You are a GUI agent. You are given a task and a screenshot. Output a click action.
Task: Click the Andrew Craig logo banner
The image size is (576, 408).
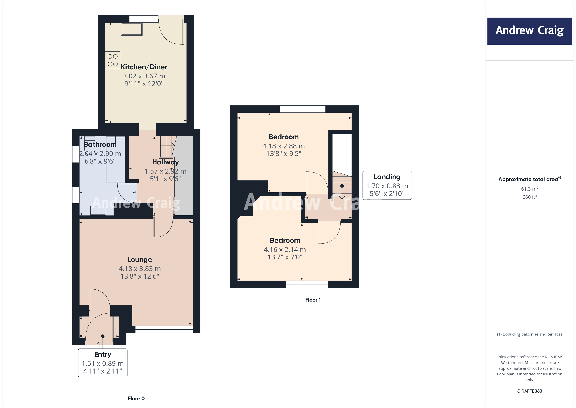click(529, 31)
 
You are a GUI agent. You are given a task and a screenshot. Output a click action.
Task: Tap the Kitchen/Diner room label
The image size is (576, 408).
click(144, 67)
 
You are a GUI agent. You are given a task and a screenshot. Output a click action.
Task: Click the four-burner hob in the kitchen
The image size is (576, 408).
click(113, 60)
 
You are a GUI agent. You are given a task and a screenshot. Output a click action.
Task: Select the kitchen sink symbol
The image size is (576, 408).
click(132, 29)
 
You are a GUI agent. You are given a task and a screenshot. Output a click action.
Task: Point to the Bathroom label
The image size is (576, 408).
click(100, 144)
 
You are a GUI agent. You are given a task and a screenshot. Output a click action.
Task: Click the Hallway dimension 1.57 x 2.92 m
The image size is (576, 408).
click(165, 171)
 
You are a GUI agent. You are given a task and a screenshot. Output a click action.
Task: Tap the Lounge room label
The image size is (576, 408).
click(140, 260)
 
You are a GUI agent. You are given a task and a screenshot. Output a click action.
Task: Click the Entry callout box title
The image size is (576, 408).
click(103, 354)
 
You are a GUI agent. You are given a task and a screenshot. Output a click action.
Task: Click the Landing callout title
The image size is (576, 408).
click(387, 177)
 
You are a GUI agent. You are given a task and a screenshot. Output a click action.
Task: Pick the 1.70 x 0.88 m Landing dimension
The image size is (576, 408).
click(387, 186)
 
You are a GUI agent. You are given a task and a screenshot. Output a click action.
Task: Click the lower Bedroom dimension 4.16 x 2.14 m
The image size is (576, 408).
click(285, 249)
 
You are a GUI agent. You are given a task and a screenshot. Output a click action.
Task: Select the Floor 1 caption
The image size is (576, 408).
click(313, 300)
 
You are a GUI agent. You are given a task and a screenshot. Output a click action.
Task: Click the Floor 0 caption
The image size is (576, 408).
click(136, 398)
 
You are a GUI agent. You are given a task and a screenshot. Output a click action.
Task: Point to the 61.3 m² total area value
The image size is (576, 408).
click(529, 189)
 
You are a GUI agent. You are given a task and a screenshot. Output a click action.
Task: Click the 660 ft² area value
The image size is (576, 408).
click(529, 197)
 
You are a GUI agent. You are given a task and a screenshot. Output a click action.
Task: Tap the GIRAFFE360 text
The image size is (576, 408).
click(529, 391)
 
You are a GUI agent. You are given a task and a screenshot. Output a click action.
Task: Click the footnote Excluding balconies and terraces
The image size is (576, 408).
click(529, 334)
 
